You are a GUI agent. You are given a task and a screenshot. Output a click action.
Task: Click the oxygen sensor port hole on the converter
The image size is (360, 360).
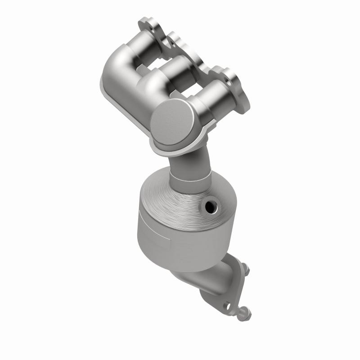pyautogui.click(x=210, y=207)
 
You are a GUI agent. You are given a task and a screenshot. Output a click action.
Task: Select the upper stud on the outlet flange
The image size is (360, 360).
pyautogui.click(x=246, y=271)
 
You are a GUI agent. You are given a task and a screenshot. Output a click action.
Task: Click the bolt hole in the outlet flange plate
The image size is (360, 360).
pyautogui.click(x=226, y=305)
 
